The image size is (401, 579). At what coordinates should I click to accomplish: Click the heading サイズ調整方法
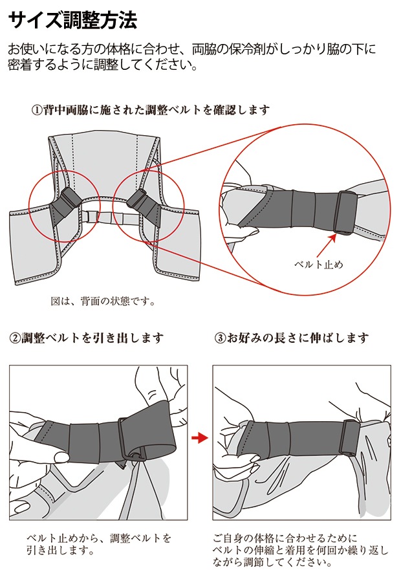point(72,19)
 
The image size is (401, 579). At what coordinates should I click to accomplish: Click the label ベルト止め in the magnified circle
point(319,265)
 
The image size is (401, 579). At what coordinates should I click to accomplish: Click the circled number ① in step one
point(37,110)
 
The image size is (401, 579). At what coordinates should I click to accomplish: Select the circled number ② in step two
point(15,338)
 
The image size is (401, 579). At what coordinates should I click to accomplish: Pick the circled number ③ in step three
point(221,338)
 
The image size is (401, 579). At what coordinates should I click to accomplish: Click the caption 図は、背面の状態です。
point(103,301)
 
